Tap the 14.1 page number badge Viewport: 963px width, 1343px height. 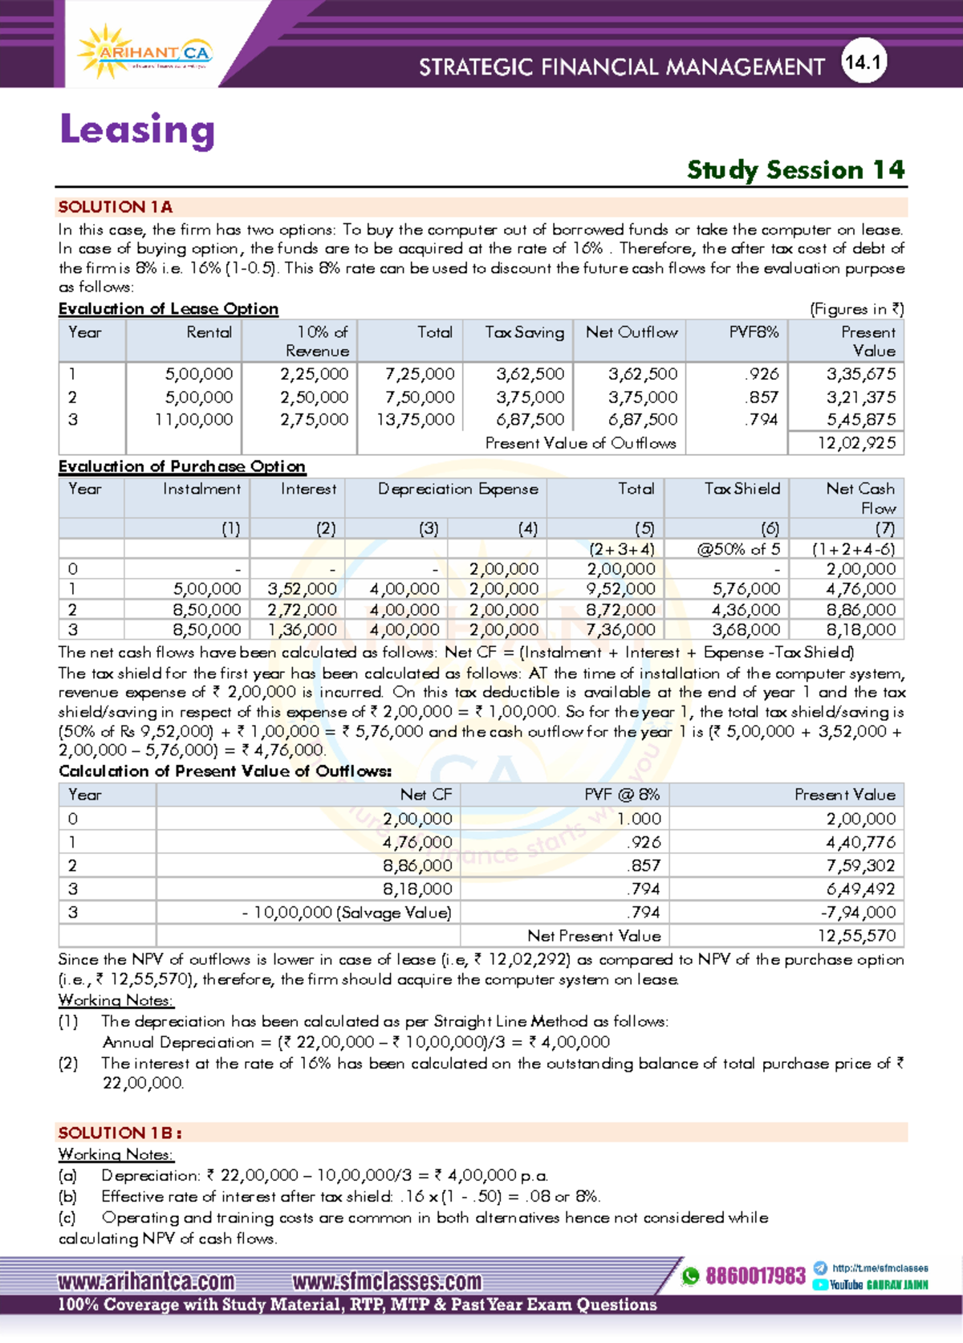[863, 63]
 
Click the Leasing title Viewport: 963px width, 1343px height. [137, 130]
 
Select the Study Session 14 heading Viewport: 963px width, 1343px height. [795, 170]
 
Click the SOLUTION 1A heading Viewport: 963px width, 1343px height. [115, 207]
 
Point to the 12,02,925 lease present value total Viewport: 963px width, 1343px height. [856, 443]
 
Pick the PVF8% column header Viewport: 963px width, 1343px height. [753, 332]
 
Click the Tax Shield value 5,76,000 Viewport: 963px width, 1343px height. [746, 589]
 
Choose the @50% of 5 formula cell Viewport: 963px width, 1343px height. [737, 549]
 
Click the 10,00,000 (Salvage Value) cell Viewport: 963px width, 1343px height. [347, 913]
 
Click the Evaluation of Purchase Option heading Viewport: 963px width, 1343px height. [181, 466]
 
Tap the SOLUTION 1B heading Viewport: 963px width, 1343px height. [120, 1133]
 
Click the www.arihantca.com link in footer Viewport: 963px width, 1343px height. [146, 1280]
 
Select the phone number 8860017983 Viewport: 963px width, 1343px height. [755, 1276]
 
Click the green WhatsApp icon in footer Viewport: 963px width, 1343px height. [690, 1276]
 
